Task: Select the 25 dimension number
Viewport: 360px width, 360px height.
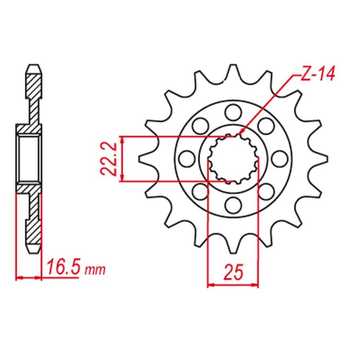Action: [233, 272]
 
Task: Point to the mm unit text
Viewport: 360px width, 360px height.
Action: [95, 270]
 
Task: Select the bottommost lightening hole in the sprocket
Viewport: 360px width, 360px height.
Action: [233, 205]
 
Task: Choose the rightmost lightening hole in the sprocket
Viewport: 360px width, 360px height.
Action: [279, 159]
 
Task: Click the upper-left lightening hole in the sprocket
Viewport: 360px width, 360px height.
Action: [201, 126]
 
